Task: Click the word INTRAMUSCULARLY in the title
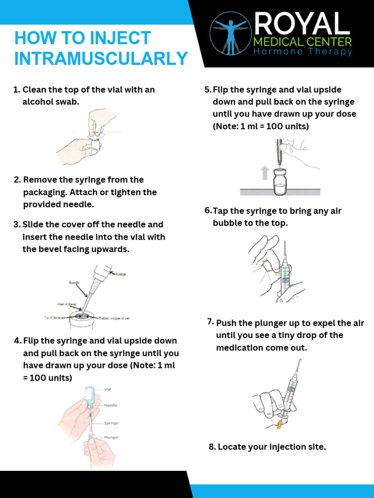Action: (x=101, y=58)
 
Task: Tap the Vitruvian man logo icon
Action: (x=230, y=34)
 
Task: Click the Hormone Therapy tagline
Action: (x=302, y=52)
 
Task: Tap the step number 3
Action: (x=17, y=225)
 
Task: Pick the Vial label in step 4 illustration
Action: (x=109, y=389)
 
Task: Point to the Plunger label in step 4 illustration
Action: (x=112, y=438)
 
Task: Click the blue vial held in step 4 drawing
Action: (x=91, y=393)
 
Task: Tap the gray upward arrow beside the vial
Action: (x=265, y=173)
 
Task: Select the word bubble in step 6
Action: (x=228, y=223)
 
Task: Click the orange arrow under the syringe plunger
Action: (x=279, y=425)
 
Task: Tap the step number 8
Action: (x=212, y=447)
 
